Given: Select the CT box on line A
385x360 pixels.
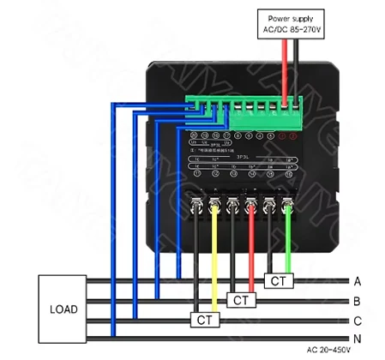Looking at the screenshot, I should coord(277,280).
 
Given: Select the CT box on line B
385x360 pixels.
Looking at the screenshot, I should coord(239,300).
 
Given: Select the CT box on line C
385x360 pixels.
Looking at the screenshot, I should coord(204,319).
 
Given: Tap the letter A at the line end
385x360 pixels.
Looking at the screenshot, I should coord(358,280).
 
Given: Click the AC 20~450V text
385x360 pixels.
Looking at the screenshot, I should coord(330,350).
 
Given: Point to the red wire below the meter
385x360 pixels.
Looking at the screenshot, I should coord(250,249).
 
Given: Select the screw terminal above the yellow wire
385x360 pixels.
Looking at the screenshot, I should coord(214,203).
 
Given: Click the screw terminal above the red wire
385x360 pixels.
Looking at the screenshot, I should coord(250,203).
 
